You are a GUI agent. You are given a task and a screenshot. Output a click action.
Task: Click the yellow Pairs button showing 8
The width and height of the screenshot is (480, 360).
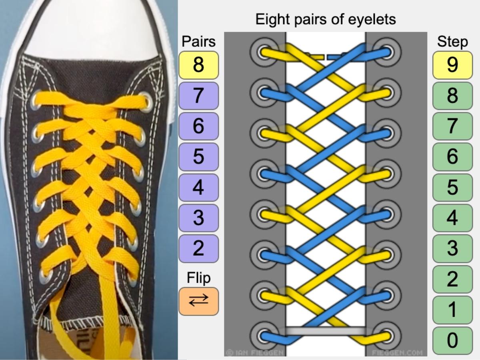point(198,65)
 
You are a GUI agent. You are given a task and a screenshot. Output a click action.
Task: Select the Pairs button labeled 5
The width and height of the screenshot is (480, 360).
point(198,156)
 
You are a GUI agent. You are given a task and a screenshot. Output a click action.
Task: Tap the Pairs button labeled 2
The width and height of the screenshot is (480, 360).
point(198,248)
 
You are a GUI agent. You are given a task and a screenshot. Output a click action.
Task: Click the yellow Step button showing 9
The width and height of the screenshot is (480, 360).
point(452,65)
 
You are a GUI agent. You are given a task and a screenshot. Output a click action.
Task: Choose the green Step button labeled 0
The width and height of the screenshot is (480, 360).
point(452,340)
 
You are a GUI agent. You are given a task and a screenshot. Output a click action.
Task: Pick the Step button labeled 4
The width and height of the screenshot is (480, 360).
point(452,218)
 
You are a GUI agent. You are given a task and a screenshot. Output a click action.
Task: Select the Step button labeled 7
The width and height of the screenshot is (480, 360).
point(452,126)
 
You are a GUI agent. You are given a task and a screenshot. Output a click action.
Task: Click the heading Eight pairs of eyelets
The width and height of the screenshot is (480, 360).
point(326,19)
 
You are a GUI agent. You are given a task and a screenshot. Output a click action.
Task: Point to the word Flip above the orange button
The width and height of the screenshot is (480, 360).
point(198,278)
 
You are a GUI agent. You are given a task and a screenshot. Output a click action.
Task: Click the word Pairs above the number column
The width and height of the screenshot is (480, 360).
point(198,41)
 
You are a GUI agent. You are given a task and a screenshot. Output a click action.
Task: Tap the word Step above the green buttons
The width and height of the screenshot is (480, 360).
point(452,41)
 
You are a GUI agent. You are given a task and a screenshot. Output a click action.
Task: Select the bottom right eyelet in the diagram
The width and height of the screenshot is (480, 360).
point(387,337)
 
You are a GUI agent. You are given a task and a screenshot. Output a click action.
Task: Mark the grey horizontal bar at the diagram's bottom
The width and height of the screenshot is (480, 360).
point(326,331)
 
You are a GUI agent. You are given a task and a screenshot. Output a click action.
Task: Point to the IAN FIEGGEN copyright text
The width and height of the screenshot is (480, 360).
point(255,353)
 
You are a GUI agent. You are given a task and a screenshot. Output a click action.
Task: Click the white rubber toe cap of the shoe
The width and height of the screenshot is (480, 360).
point(92,28)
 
